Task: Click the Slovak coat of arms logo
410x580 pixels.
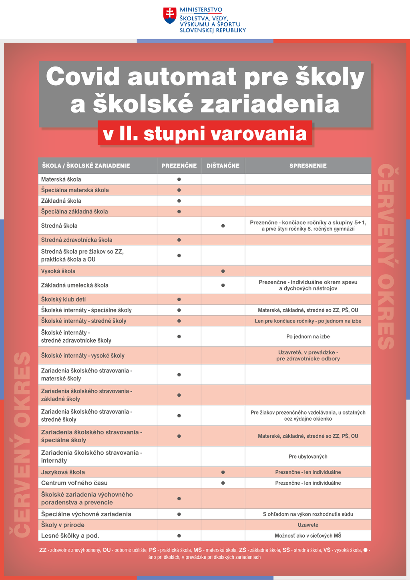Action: tap(170, 15)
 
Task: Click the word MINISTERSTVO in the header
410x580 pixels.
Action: tap(201, 10)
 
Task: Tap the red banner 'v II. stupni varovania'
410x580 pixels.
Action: tap(205, 133)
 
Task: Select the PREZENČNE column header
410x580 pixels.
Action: tap(179, 166)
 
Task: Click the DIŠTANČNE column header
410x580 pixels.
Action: tap(223, 166)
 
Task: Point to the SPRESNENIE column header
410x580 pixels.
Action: tap(308, 166)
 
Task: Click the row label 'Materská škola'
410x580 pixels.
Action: tap(61, 179)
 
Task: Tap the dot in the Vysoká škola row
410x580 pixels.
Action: tap(223, 271)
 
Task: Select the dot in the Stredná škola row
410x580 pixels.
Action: tap(223, 226)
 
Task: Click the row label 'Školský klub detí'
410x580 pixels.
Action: tap(64, 299)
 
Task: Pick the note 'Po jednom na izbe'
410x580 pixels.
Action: tap(308, 336)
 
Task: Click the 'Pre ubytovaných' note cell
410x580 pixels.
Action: tap(308, 457)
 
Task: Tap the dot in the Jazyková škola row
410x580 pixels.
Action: tap(223, 472)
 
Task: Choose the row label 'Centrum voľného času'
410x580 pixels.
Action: tap(74, 483)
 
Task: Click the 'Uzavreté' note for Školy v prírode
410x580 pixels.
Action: tap(308, 525)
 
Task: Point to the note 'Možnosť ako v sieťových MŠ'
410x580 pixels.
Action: tap(308, 536)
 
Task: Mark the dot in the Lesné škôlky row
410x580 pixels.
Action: tap(179, 536)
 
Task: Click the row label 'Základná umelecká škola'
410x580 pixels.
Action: tap(75, 285)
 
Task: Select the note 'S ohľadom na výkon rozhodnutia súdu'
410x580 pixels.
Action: tap(308, 514)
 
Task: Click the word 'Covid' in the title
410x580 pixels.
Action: tap(83, 76)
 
